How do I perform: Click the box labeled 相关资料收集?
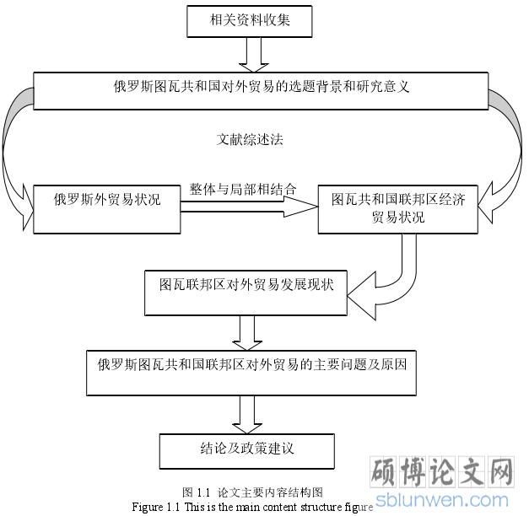(250, 21)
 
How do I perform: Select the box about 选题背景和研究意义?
(261, 91)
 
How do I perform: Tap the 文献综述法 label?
(250, 139)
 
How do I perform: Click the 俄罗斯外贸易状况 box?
(107, 209)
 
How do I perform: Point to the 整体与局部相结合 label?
(243, 189)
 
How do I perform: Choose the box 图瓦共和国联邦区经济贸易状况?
(397, 209)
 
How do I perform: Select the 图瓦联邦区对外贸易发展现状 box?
(246, 293)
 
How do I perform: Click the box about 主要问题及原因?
(251, 373)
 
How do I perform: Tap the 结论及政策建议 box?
(247, 451)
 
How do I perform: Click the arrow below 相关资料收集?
(254, 55)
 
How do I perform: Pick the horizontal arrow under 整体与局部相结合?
(250, 207)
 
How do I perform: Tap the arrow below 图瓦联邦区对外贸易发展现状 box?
(247, 333)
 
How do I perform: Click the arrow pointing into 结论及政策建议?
(247, 415)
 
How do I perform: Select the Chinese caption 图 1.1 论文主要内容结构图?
(252, 492)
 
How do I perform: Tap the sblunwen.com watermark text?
(442, 500)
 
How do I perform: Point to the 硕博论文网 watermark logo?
(442, 472)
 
